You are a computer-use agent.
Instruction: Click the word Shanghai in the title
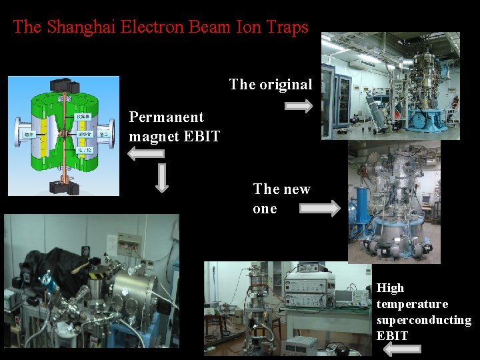click(x=73, y=27)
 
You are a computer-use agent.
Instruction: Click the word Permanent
click(x=166, y=117)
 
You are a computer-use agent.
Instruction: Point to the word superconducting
click(x=423, y=320)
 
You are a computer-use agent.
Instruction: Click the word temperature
click(x=412, y=304)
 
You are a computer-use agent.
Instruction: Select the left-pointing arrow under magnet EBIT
click(x=145, y=154)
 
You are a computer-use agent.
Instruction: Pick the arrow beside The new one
click(x=319, y=209)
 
